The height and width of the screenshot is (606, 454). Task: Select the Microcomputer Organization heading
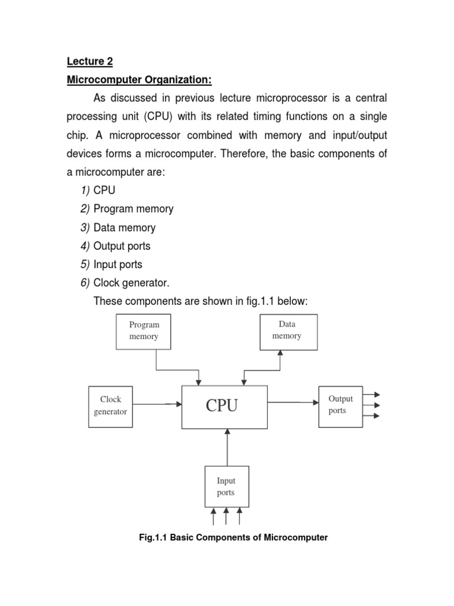tap(139, 79)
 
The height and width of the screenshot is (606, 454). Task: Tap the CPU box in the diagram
tap(224, 407)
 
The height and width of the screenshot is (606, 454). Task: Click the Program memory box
tap(144, 331)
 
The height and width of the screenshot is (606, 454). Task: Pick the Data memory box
tap(288, 331)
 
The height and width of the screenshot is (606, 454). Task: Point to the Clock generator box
tap(111, 405)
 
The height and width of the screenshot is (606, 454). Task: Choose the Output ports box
tap(340, 405)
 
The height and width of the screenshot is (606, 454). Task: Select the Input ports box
tap(226, 486)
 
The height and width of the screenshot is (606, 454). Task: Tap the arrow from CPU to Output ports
tap(293, 402)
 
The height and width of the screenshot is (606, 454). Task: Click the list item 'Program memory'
tap(134, 209)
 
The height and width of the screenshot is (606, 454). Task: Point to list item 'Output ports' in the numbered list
tap(122, 246)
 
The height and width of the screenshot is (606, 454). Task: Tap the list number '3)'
tap(85, 228)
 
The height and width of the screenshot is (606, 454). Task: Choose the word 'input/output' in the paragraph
tap(359, 136)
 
